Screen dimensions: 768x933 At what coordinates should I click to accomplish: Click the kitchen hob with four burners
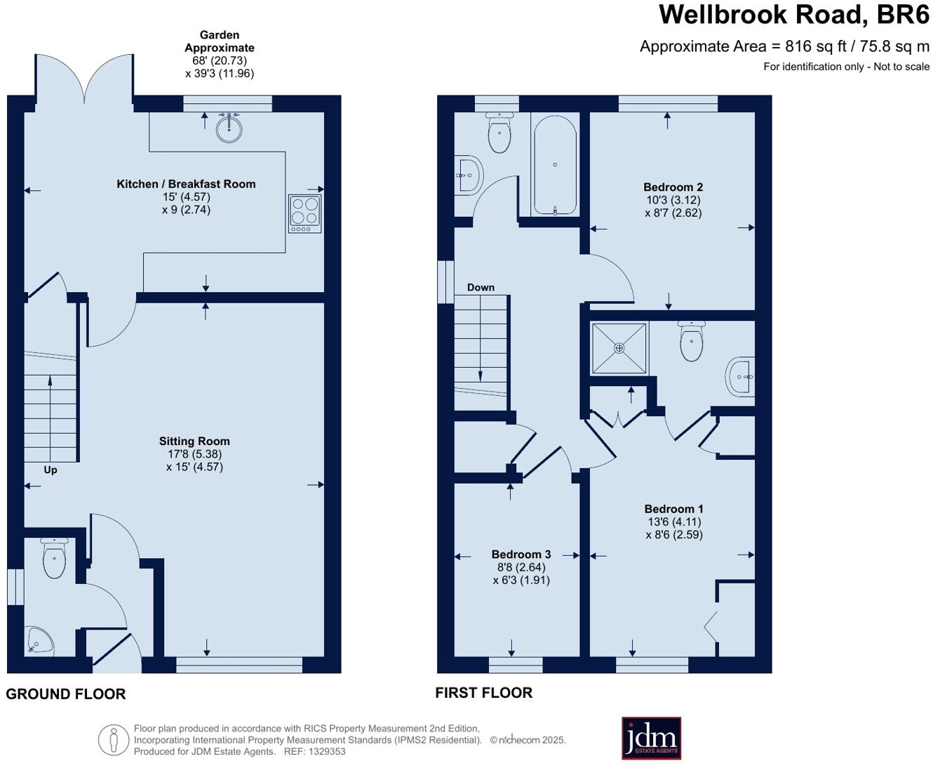(305, 213)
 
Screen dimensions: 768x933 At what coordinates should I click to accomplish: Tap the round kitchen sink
(229, 127)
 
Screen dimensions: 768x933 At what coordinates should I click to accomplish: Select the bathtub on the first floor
(555, 165)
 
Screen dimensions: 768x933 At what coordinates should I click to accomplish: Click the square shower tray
(619, 347)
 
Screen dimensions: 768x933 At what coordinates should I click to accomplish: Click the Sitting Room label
(194, 441)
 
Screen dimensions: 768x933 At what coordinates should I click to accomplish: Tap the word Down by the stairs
(481, 287)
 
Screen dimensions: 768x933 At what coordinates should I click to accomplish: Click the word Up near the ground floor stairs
(51, 470)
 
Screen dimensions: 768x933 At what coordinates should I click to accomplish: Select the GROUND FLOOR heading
(66, 694)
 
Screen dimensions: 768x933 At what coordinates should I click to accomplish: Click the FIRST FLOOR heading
(483, 693)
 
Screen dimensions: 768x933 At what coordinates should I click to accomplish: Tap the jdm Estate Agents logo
(651, 738)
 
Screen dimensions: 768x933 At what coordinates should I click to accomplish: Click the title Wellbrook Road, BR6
(793, 15)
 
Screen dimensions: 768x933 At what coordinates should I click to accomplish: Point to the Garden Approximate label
(220, 41)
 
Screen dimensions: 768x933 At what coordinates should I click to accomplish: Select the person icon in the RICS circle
(113, 740)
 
